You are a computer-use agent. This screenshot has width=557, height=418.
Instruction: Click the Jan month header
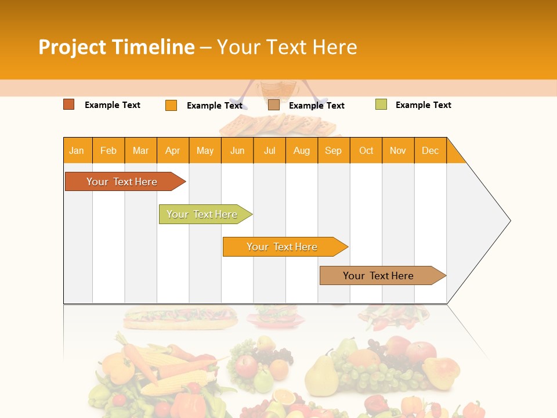[x=77, y=150]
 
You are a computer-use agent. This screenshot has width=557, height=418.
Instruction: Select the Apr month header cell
[x=173, y=150]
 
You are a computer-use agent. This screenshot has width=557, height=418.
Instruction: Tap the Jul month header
[x=269, y=150]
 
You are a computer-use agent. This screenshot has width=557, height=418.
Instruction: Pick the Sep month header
[x=334, y=150]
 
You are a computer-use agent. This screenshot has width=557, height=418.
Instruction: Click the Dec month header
[x=430, y=150]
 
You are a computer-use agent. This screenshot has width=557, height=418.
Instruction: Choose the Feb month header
[x=108, y=150]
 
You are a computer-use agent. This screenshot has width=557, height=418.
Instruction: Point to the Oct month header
[x=366, y=150]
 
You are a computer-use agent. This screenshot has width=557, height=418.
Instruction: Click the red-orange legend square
[x=69, y=105]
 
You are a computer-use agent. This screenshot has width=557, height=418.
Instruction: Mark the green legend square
[x=381, y=105]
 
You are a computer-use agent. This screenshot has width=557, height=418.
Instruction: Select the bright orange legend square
[x=171, y=105]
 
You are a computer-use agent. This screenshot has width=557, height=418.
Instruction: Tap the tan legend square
[x=274, y=105]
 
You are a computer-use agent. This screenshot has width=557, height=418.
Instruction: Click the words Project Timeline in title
[x=117, y=47]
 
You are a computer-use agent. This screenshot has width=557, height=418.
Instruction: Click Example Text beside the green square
[x=423, y=105]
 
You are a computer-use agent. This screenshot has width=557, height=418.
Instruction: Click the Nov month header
[x=398, y=150]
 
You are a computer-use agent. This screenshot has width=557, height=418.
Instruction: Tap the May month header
[x=205, y=150]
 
